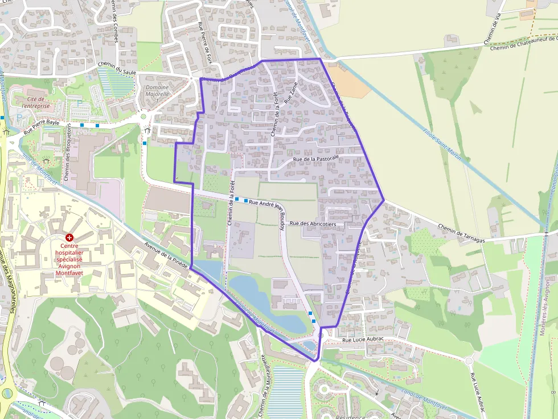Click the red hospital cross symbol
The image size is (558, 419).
pyautogui.click(x=69, y=237)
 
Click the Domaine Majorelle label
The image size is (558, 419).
pyautogui.click(x=158, y=90)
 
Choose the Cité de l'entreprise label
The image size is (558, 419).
pyautogui.click(x=36, y=102)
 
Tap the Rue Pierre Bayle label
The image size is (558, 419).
pyautogui.click(x=41, y=126)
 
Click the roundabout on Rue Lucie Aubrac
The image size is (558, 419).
pyautogui.click(x=469, y=360)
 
